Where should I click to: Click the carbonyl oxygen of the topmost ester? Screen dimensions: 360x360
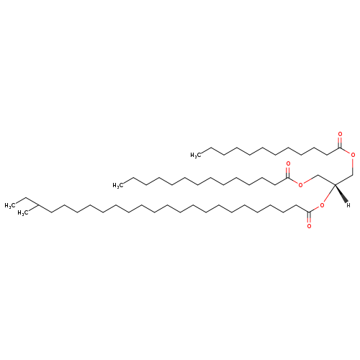[x=340, y=134]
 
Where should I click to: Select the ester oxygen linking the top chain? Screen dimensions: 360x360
[x=353, y=155]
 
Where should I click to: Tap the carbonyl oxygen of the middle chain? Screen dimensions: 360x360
[x=288, y=164]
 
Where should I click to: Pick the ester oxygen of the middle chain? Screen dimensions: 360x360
[x=300, y=185]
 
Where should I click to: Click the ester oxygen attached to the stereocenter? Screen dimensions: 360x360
[x=322, y=205]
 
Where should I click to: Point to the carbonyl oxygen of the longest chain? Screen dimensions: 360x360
[x=309, y=226]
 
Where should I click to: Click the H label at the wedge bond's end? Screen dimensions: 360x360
[x=348, y=205]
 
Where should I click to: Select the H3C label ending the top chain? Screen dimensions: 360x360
[x=195, y=156]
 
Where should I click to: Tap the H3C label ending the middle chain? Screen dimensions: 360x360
[x=118, y=185]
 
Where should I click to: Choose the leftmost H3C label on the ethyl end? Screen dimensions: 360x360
[x=10, y=206]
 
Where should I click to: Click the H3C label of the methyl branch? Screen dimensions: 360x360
[x=23, y=213]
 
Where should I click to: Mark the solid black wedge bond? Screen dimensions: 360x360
[x=341, y=194]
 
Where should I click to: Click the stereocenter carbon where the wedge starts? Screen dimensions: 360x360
[x=335, y=184]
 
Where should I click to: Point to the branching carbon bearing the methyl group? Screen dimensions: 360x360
[x=39, y=205]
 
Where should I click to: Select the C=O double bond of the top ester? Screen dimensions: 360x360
[x=340, y=142]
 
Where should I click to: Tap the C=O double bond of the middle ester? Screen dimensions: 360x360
[x=288, y=171]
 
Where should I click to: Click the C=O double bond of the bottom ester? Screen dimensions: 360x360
[x=309, y=218]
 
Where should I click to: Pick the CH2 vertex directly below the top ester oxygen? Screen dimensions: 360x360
[x=353, y=174]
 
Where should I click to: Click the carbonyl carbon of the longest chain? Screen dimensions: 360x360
[x=309, y=212]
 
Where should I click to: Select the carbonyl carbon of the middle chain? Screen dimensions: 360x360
[x=288, y=178]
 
